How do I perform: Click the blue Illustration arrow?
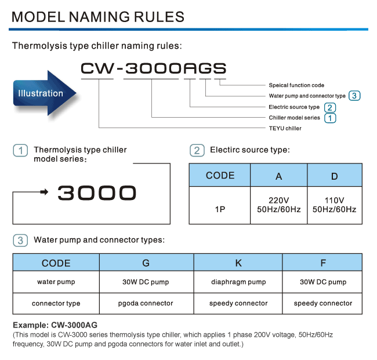click(45, 93)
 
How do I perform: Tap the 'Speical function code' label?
click(296, 85)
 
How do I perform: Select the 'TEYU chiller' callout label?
click(285, 128)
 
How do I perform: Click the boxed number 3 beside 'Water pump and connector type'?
click(354, 96)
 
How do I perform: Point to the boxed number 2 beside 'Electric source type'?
click(329, 107)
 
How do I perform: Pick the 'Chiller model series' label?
click(294, 118)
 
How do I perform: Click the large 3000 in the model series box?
click(97, 193)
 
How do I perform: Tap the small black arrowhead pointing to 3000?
click(44, 192)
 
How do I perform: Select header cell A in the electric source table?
click(278, 175)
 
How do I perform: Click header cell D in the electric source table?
click(335, 175)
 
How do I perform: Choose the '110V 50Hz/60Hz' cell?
click(335, 205)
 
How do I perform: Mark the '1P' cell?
click(220, 205)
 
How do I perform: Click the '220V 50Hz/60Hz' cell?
click(278, 205)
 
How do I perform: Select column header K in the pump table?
click(238, 263)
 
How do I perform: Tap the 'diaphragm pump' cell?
click(238, 282)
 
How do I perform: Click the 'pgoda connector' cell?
click(146, 304)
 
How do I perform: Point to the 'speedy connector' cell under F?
click(322, 304)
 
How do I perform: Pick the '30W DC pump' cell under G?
click(146, 282)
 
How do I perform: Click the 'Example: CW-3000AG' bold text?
click(55, 325)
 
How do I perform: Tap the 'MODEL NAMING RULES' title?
click(98, 17)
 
